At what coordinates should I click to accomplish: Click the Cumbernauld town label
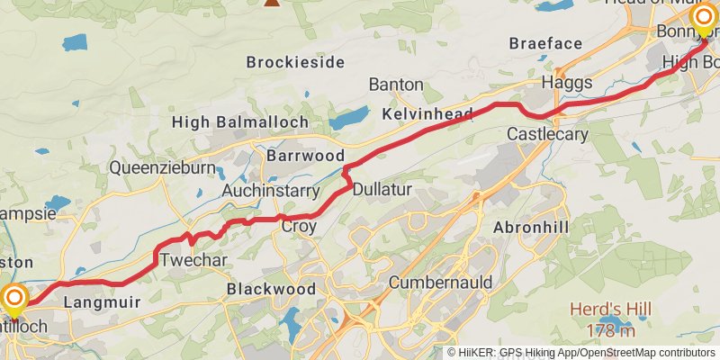[440, 283]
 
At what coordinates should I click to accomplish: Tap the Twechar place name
[193, 261]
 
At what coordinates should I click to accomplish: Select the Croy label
[299, 227]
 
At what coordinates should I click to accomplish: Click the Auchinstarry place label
[271, 191]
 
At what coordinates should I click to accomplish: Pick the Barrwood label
[306, 156]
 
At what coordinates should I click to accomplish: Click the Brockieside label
[295, 62]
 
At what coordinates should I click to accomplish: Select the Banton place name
[396, 84]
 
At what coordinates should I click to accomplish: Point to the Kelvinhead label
[427, 114]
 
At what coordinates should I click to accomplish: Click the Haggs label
[567, 82]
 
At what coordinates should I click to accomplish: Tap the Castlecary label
[547, 134]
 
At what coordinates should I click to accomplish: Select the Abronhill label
[531, 228]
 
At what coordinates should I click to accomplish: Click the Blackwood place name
[271, 289]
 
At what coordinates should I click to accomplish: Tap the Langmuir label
[103, 302]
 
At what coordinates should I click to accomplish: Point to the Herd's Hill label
[610, 310]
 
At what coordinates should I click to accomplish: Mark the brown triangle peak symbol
[271, 2]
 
